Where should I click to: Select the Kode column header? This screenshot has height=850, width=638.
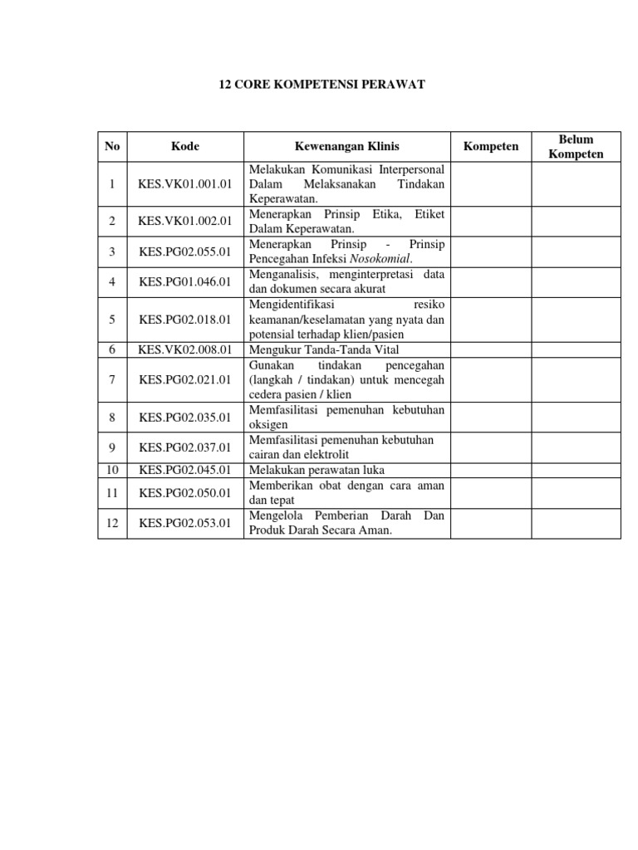(x=185, y=147)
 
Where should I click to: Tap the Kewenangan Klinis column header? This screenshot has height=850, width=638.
(x=346, y=147)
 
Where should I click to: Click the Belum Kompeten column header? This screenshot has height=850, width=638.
(x=576, y=147)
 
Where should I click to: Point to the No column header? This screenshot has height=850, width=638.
(x=112, y=147)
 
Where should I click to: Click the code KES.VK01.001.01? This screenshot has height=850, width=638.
(x=185, y=184)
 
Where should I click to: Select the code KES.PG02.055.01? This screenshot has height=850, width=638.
(x=185, y=252)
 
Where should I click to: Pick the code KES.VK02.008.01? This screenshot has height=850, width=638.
(x=185, y=349)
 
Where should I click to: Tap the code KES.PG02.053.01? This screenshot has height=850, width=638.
(x=185, y=523)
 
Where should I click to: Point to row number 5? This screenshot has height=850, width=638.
(x=112, y=318)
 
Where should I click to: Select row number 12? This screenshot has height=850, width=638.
(x=112, y=523)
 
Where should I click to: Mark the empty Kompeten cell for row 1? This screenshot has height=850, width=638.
(x=491, y=184)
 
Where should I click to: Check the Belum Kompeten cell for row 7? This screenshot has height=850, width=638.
(x=576, y=380)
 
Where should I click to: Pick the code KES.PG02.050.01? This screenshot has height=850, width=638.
(x=185, y=493)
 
